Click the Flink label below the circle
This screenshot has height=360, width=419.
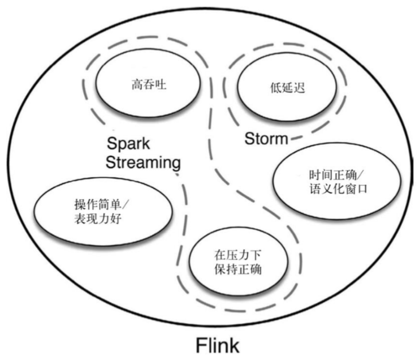coord(218,345)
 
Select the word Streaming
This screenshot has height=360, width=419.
coord(144,163)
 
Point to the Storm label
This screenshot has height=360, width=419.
coord(266,138)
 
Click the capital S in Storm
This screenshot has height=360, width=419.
coord(249,138)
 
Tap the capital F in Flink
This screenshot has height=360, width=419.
coord(201,345)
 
